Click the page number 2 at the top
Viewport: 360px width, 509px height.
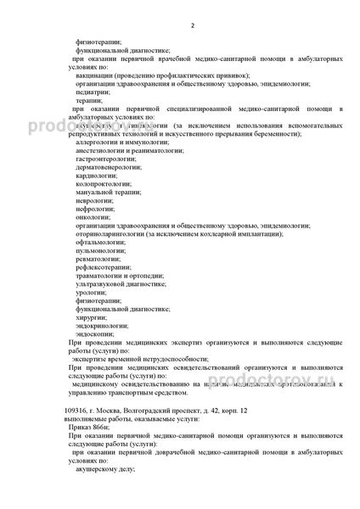click(x=192, y=25)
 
